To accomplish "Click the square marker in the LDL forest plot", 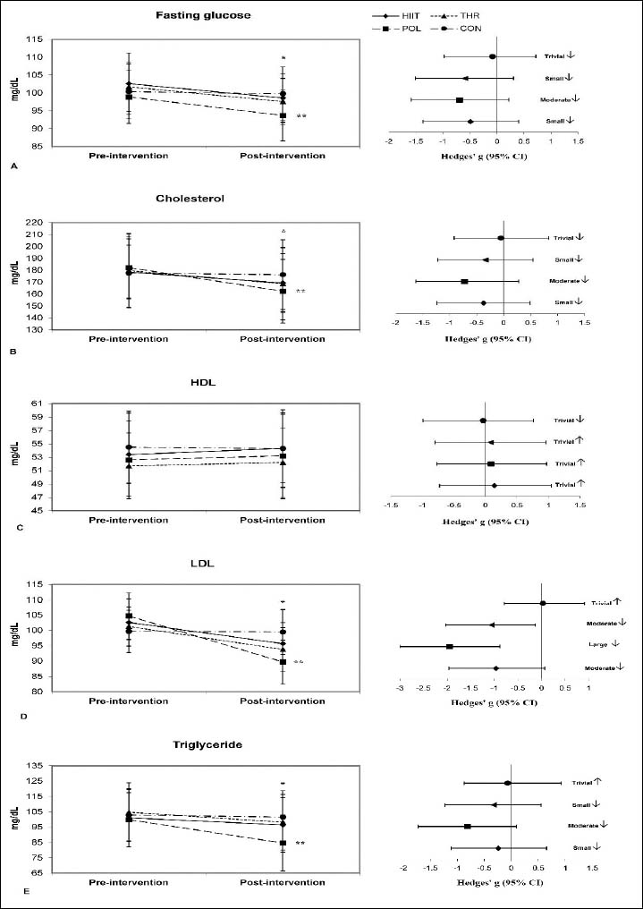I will (x=450, y=646).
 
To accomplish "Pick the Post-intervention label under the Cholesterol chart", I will (x=283, y=339).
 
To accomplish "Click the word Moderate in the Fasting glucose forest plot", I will (x=556, y=99).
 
